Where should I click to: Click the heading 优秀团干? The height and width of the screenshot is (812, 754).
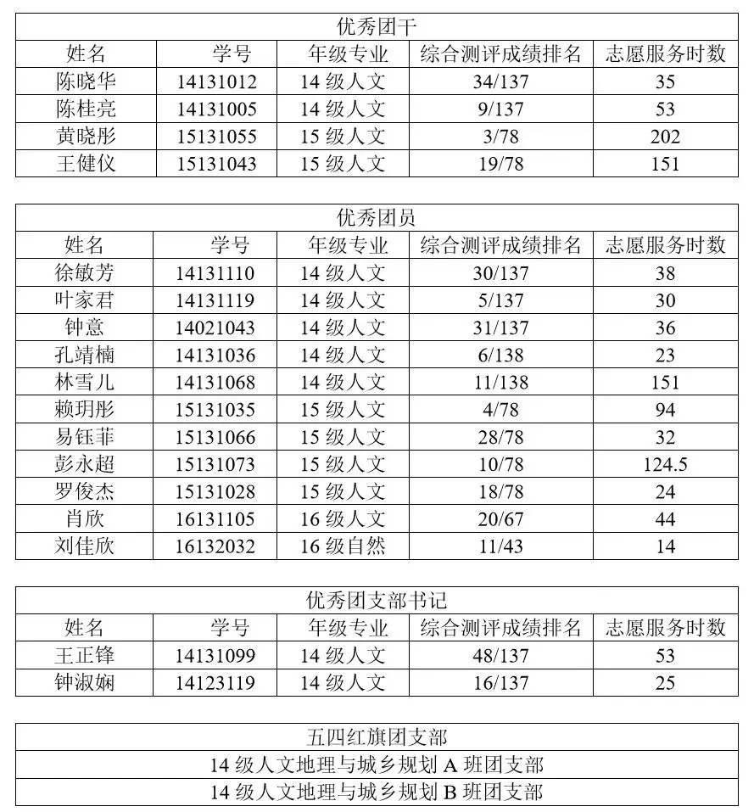click(x=377, y=26)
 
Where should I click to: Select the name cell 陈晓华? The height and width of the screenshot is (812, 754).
click(x=86, y=81)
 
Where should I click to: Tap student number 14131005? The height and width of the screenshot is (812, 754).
click(x=216, y=109)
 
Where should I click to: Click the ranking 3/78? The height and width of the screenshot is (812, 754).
click(x=500, y=137)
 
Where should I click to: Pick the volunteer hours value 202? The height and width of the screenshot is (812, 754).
click(x=665, y=137)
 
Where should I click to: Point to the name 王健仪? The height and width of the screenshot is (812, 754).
click(x=86, y=164)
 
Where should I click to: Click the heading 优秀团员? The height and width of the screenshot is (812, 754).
click(x=377, y=218)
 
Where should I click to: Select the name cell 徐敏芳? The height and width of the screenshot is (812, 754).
click(x=85, y=273)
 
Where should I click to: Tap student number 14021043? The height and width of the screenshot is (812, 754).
click(x=215, y=328)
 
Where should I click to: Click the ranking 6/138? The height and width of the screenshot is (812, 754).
click(x=500, y=355)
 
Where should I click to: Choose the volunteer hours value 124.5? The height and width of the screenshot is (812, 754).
click(x=665, y=464)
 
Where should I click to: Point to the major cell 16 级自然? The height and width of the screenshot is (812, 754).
click(x=343, y=546)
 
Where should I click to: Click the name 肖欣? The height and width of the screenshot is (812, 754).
click(x=85, y=518)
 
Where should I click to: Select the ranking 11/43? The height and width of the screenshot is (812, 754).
click(x=500, y=546)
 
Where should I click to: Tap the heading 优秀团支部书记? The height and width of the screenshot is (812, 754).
click(x=377, y=601)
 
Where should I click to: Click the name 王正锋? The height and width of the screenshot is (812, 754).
click(x=85, y=655)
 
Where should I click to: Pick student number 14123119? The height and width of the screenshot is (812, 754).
click(x=215, y=682)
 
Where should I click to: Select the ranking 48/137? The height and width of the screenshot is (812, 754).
click(x=500, y=655)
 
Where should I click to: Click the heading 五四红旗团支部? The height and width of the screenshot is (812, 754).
click(x=377, y=737)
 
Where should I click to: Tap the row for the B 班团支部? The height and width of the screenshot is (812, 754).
click(x=377, y=792)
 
